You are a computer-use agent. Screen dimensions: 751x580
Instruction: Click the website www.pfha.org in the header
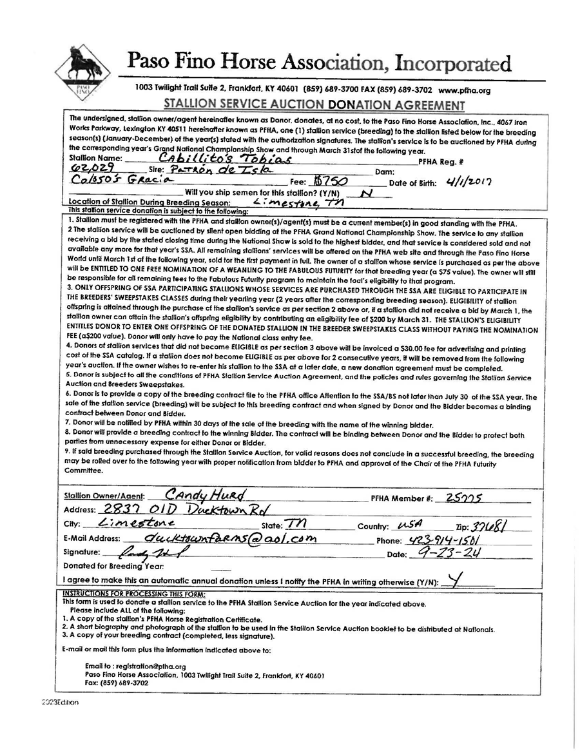[x=467, y=91]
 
